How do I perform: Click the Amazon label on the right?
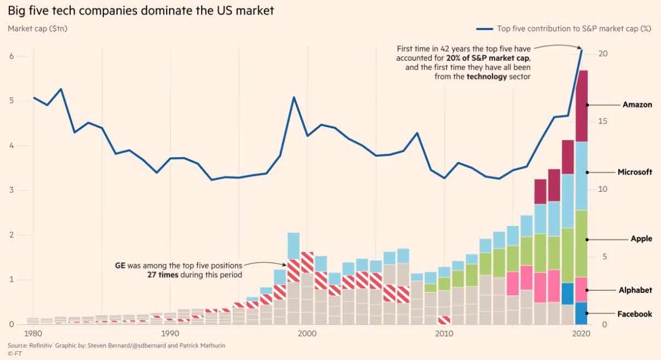click(637, 105)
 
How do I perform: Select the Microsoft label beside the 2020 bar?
click(635, 172)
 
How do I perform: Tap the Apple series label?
click(642, 239)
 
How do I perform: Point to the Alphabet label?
click(635, 290)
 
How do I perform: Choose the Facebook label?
click(635, 314)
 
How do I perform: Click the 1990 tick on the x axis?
click(170, 334)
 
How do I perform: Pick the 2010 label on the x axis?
click(444, 334)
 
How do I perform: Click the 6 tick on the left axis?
click(11, 56)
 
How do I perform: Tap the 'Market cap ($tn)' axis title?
click(38, 28)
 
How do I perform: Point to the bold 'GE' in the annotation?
click(120, 265)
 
